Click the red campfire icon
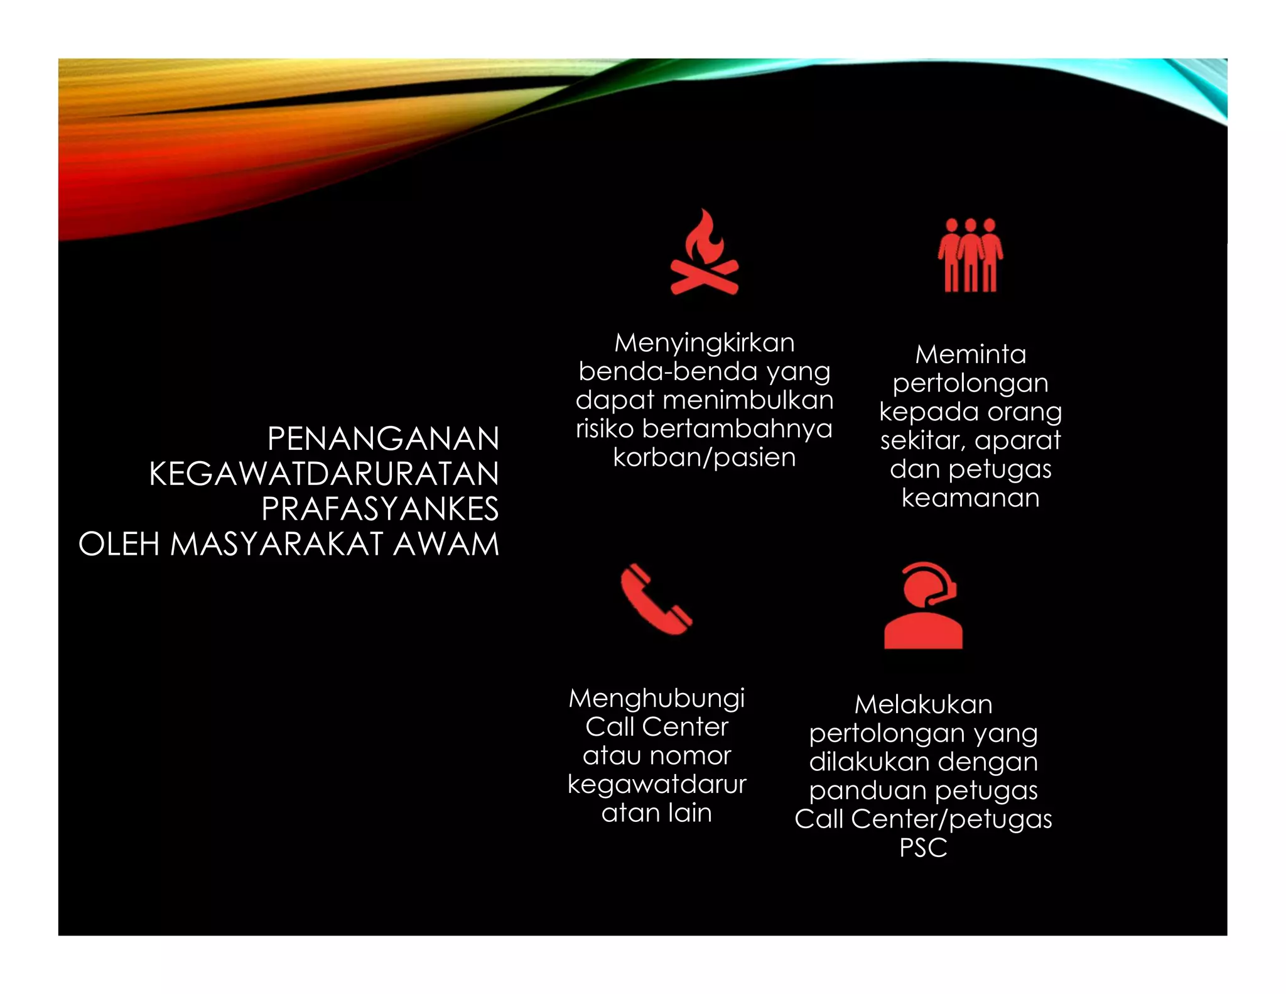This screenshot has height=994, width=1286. (704, 253)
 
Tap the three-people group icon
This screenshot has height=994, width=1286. (970, 255)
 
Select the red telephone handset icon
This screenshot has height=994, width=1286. (656, 599)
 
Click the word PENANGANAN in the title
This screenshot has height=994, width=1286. (383, 439)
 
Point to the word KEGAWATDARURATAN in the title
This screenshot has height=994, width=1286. (323, 474)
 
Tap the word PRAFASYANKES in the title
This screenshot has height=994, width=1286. (380, 509)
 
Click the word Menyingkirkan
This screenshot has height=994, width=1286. (704, 343)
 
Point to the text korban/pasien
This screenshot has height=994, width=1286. (704, 457)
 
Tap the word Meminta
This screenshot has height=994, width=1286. (970, 354)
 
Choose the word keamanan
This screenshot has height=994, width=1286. (970, 498)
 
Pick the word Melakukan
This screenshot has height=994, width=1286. (923, 704)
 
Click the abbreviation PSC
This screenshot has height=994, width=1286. (923, 848)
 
